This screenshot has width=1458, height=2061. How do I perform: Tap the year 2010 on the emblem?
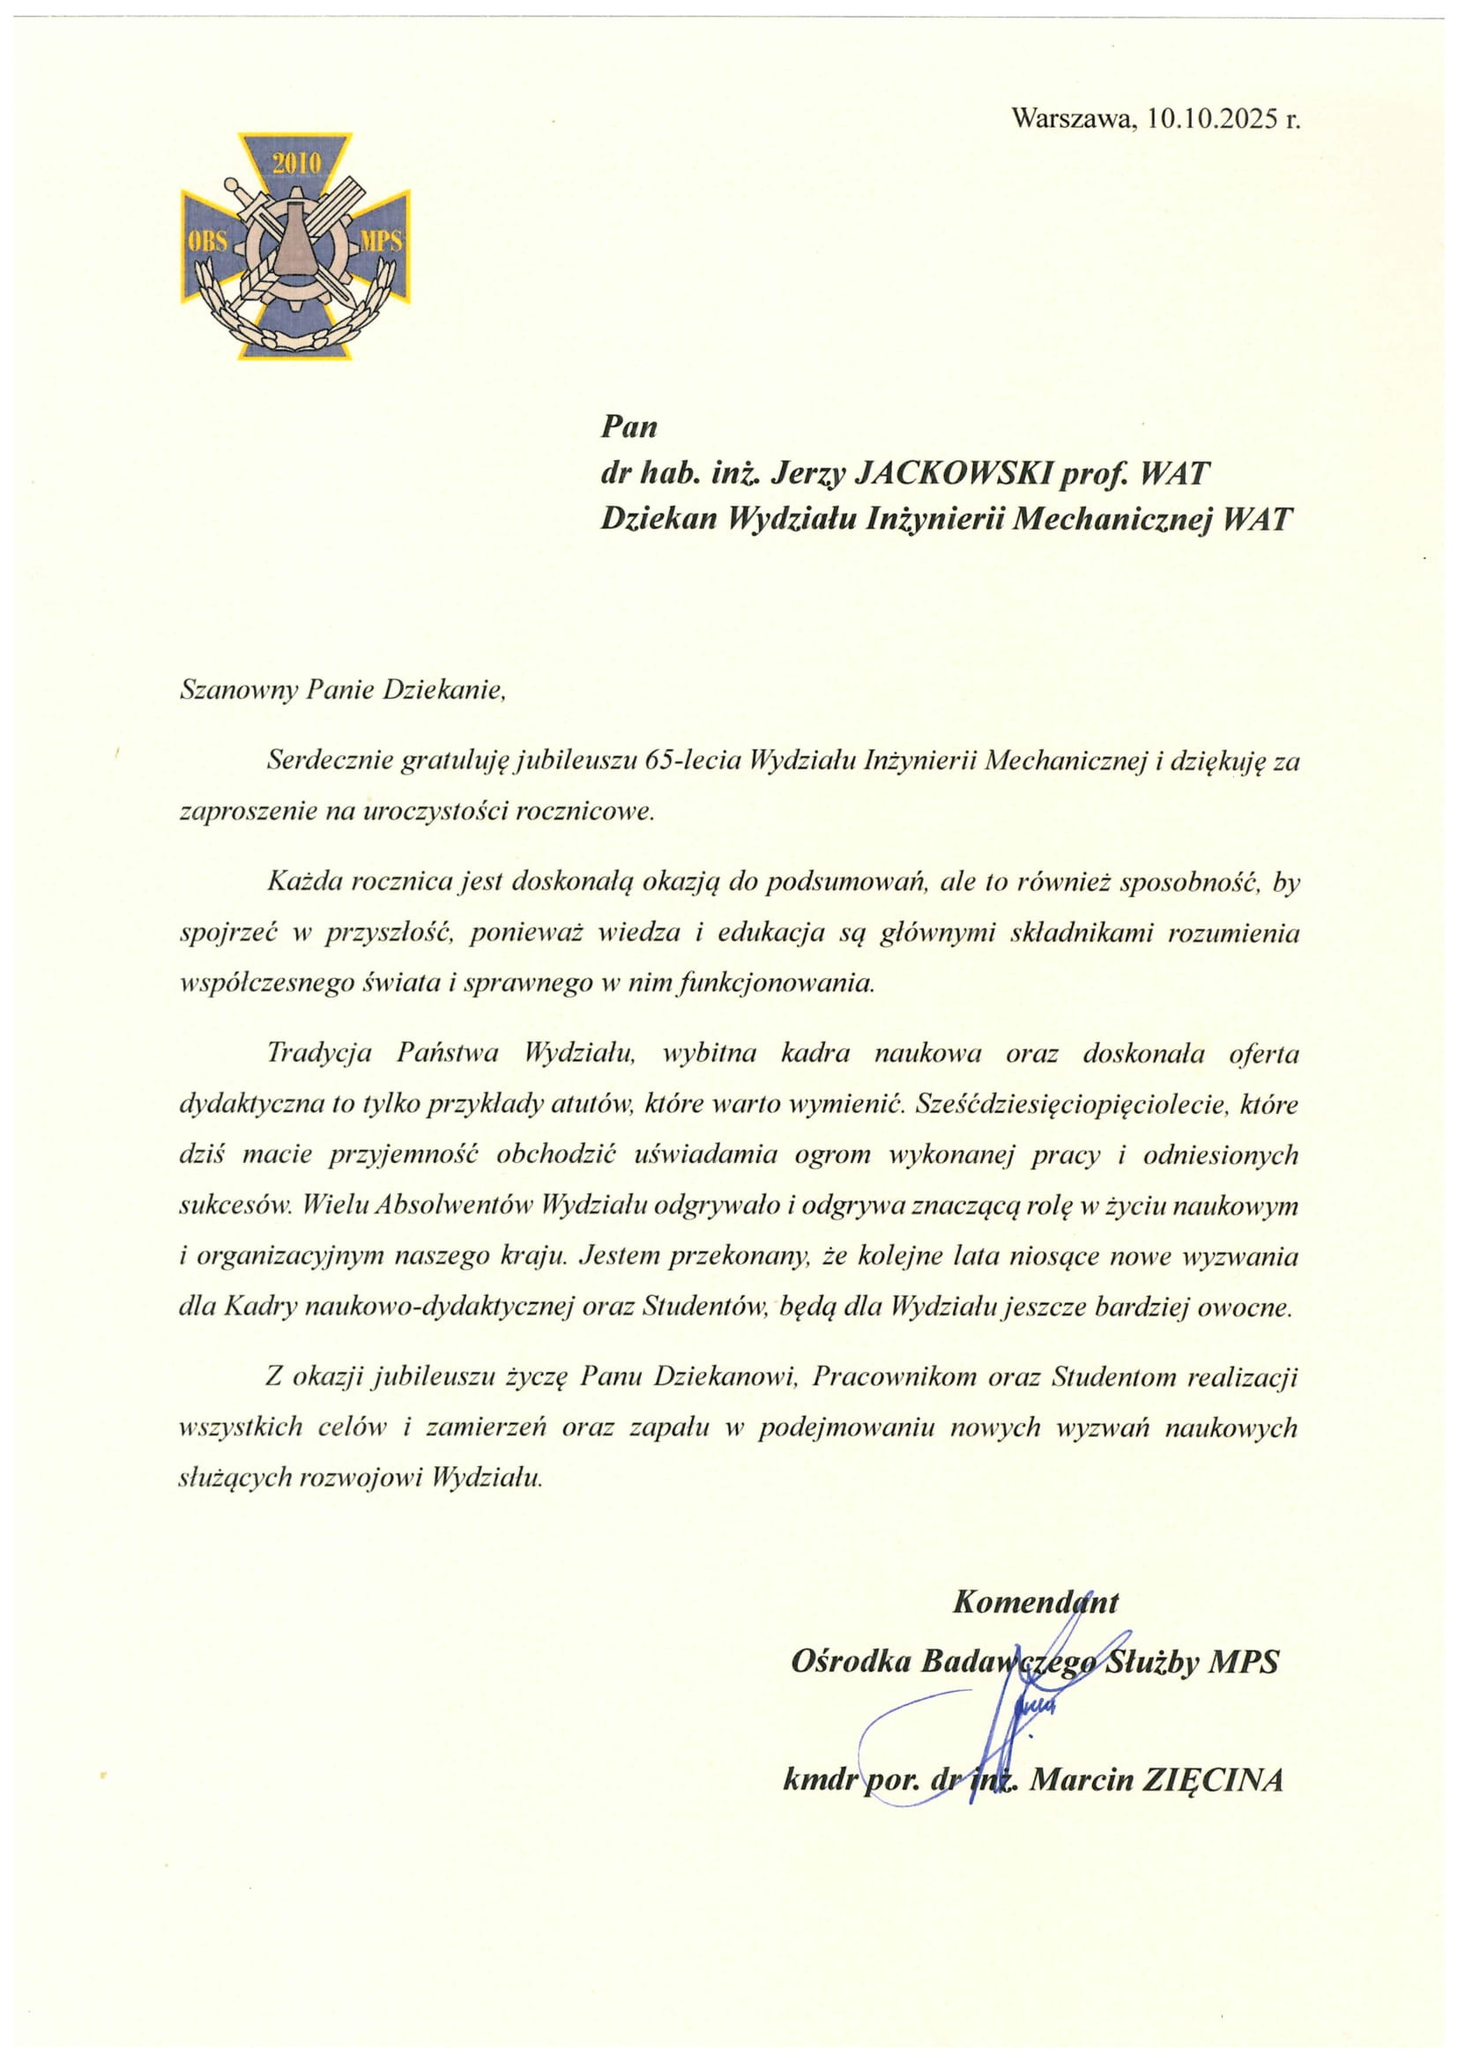coord(296,164)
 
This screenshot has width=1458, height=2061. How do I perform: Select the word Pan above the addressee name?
coord(629,426)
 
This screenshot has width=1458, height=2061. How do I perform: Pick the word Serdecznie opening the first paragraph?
coord(331,762)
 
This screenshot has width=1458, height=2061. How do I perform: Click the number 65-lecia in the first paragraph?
coord(692,762)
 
